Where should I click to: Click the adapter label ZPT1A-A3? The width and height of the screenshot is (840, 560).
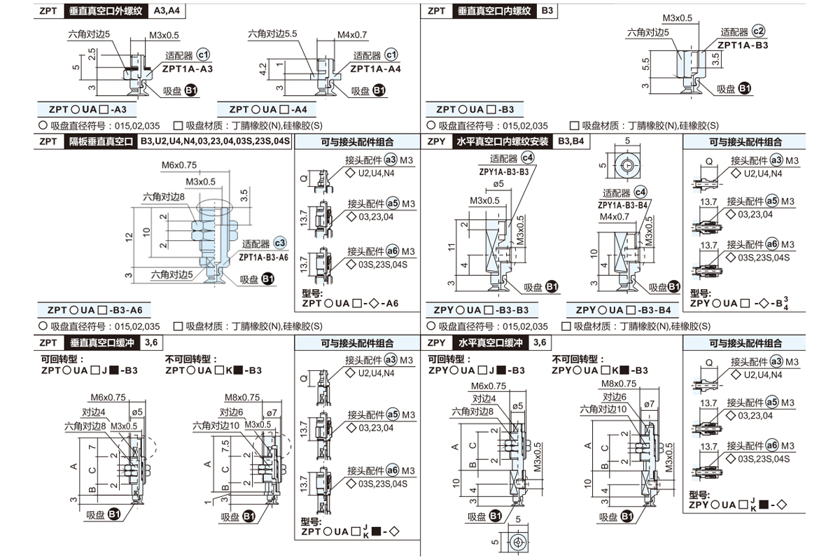188,69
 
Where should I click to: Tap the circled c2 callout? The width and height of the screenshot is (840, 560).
759,31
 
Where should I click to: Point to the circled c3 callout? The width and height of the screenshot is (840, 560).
280,244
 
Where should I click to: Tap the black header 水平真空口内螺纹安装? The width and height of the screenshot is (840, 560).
502,141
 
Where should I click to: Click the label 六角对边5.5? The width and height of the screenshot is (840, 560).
273,33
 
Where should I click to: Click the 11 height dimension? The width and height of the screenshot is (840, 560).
453,247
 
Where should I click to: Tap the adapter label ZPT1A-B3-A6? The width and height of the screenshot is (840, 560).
263,257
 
